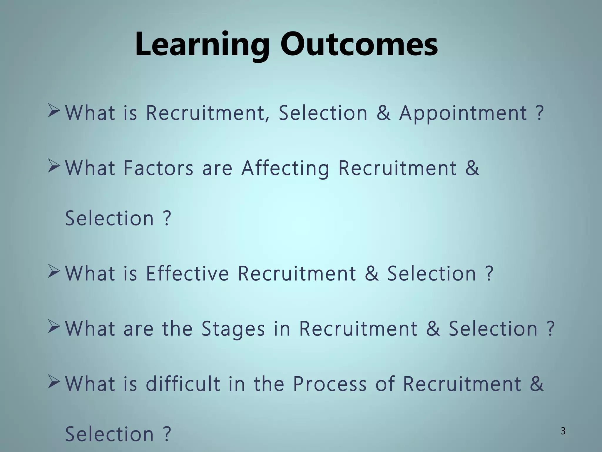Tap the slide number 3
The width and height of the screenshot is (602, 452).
click(x=563, y=431)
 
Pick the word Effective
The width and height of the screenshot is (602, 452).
click(x=187, y=273)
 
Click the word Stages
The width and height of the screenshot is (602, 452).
click(x=233, y=329)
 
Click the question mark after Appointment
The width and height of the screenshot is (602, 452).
click(x=539, y=113)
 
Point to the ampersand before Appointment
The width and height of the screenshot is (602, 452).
click(x=384, y=113)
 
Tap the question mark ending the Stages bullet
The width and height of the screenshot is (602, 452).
click(x=550, y=329)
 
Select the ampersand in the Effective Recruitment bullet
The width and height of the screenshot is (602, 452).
click(x=372, y=273)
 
